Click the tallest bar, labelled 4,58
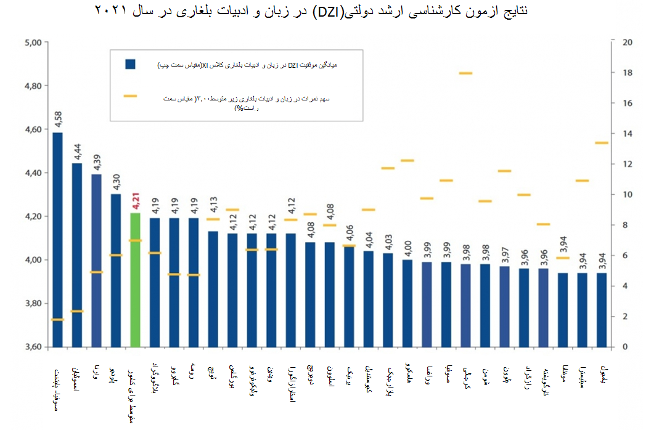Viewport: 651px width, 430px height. pos(57,240)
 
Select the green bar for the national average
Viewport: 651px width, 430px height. pos(136,280)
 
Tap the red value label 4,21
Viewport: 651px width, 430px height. pos(136,201)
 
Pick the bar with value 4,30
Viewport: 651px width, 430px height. pos(116,271)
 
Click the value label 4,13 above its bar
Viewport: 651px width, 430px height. pos(213,220)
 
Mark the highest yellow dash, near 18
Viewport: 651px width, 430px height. pos(465,73)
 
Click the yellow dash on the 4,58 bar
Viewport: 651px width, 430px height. pos(57,319)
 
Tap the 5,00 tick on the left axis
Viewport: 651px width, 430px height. pos(31,43)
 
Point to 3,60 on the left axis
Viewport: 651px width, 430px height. pos(31,347)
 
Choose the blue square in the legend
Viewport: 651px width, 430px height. pos(130,64)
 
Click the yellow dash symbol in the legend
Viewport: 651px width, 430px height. pos(130,96)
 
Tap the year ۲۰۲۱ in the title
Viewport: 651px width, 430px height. pos(111,12)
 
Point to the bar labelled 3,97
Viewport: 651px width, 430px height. pos(504,306)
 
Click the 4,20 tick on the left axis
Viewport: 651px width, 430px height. pos(31,216)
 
